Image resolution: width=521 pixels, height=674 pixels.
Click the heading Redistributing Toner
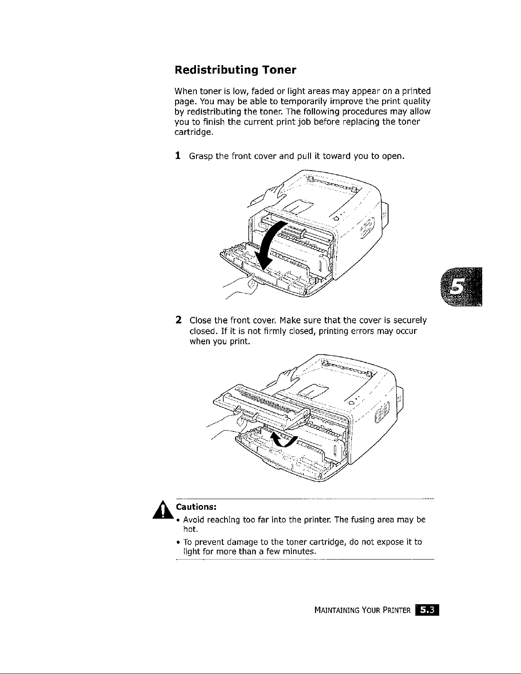(236, 70)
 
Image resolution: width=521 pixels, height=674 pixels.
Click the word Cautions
(196, 507)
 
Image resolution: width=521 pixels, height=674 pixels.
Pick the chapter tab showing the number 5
(461, 286)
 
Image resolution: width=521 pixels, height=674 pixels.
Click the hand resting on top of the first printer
(275, 192)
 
